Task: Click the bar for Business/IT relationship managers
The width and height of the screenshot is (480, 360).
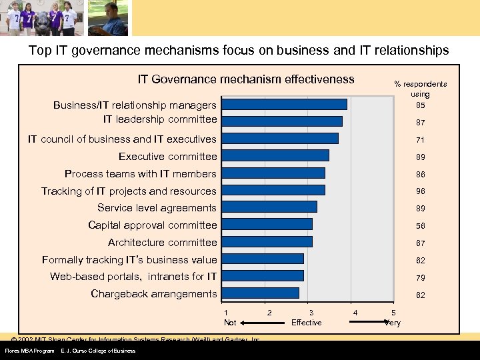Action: pyautogui.click(x=284, y=104)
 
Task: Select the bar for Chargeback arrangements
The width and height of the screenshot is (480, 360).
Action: pyautogui.click(x=260, y=293)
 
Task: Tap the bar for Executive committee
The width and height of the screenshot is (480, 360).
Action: pyautogui.click(x=275, y=155)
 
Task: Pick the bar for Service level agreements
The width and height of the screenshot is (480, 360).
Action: pyautogui.click(x=269, y=207)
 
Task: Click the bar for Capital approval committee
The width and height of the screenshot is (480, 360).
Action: pyautogui.click(x=267, y=225)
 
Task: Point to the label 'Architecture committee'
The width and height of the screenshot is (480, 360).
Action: pyautogui.click(x=163, y=243)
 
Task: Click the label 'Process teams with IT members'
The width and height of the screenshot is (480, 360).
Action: pyautogui.click(x=141, y=174)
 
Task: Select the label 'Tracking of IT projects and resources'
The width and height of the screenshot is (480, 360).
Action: pyautogui.click(x=129, y=191)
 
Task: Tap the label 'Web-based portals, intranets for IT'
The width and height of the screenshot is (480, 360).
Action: pyautogui.click(x=133, y=277)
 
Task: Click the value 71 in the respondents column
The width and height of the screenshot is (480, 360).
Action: pyautogui.click(x=421, y=141)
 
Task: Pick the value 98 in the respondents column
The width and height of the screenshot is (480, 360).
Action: pyautogui.click(x=421, y=192)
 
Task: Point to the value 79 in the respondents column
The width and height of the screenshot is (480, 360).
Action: pyautogui.click(x=421, y=278)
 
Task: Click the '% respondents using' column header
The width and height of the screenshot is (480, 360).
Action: pyautogui.click(x=421, y=89)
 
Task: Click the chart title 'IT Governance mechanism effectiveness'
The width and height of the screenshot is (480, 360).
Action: pyautogui.click(x=246, y=79)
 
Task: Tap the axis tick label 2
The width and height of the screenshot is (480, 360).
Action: pyautogui.click(x=269, y=313)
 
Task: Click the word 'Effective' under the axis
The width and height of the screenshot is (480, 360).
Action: pyautogui.click(x=307, y=323)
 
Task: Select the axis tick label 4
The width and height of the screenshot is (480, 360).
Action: pyautogui.click(x=355, y=313)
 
